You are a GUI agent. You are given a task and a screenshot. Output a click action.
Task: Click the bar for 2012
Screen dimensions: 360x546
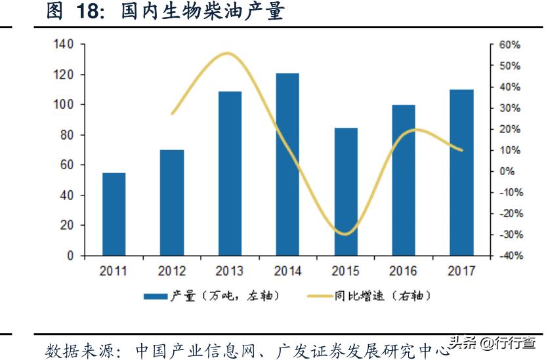click(x=172, y=203)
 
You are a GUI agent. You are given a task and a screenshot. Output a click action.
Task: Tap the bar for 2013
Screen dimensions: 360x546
click(x=230, y=173)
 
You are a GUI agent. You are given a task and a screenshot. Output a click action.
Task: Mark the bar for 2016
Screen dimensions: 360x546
click(x=404, y=180)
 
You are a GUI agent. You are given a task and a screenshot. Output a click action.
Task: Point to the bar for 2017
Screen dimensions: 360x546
click(x=461, y=172)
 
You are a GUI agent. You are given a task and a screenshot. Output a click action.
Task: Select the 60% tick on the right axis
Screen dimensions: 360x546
click(x=509, y=45)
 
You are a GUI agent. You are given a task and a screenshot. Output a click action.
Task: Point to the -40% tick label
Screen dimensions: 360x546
click(x=507, y=256)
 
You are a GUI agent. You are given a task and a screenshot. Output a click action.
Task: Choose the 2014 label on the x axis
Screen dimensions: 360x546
click(x=287, y=271)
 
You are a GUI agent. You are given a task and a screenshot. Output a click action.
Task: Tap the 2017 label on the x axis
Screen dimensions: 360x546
click(x=461, y=271)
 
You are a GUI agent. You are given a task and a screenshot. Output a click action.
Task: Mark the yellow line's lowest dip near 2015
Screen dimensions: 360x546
click(x=346, y=233)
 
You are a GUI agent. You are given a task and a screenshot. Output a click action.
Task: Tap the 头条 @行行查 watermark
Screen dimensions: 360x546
click(x=499, y=342)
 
